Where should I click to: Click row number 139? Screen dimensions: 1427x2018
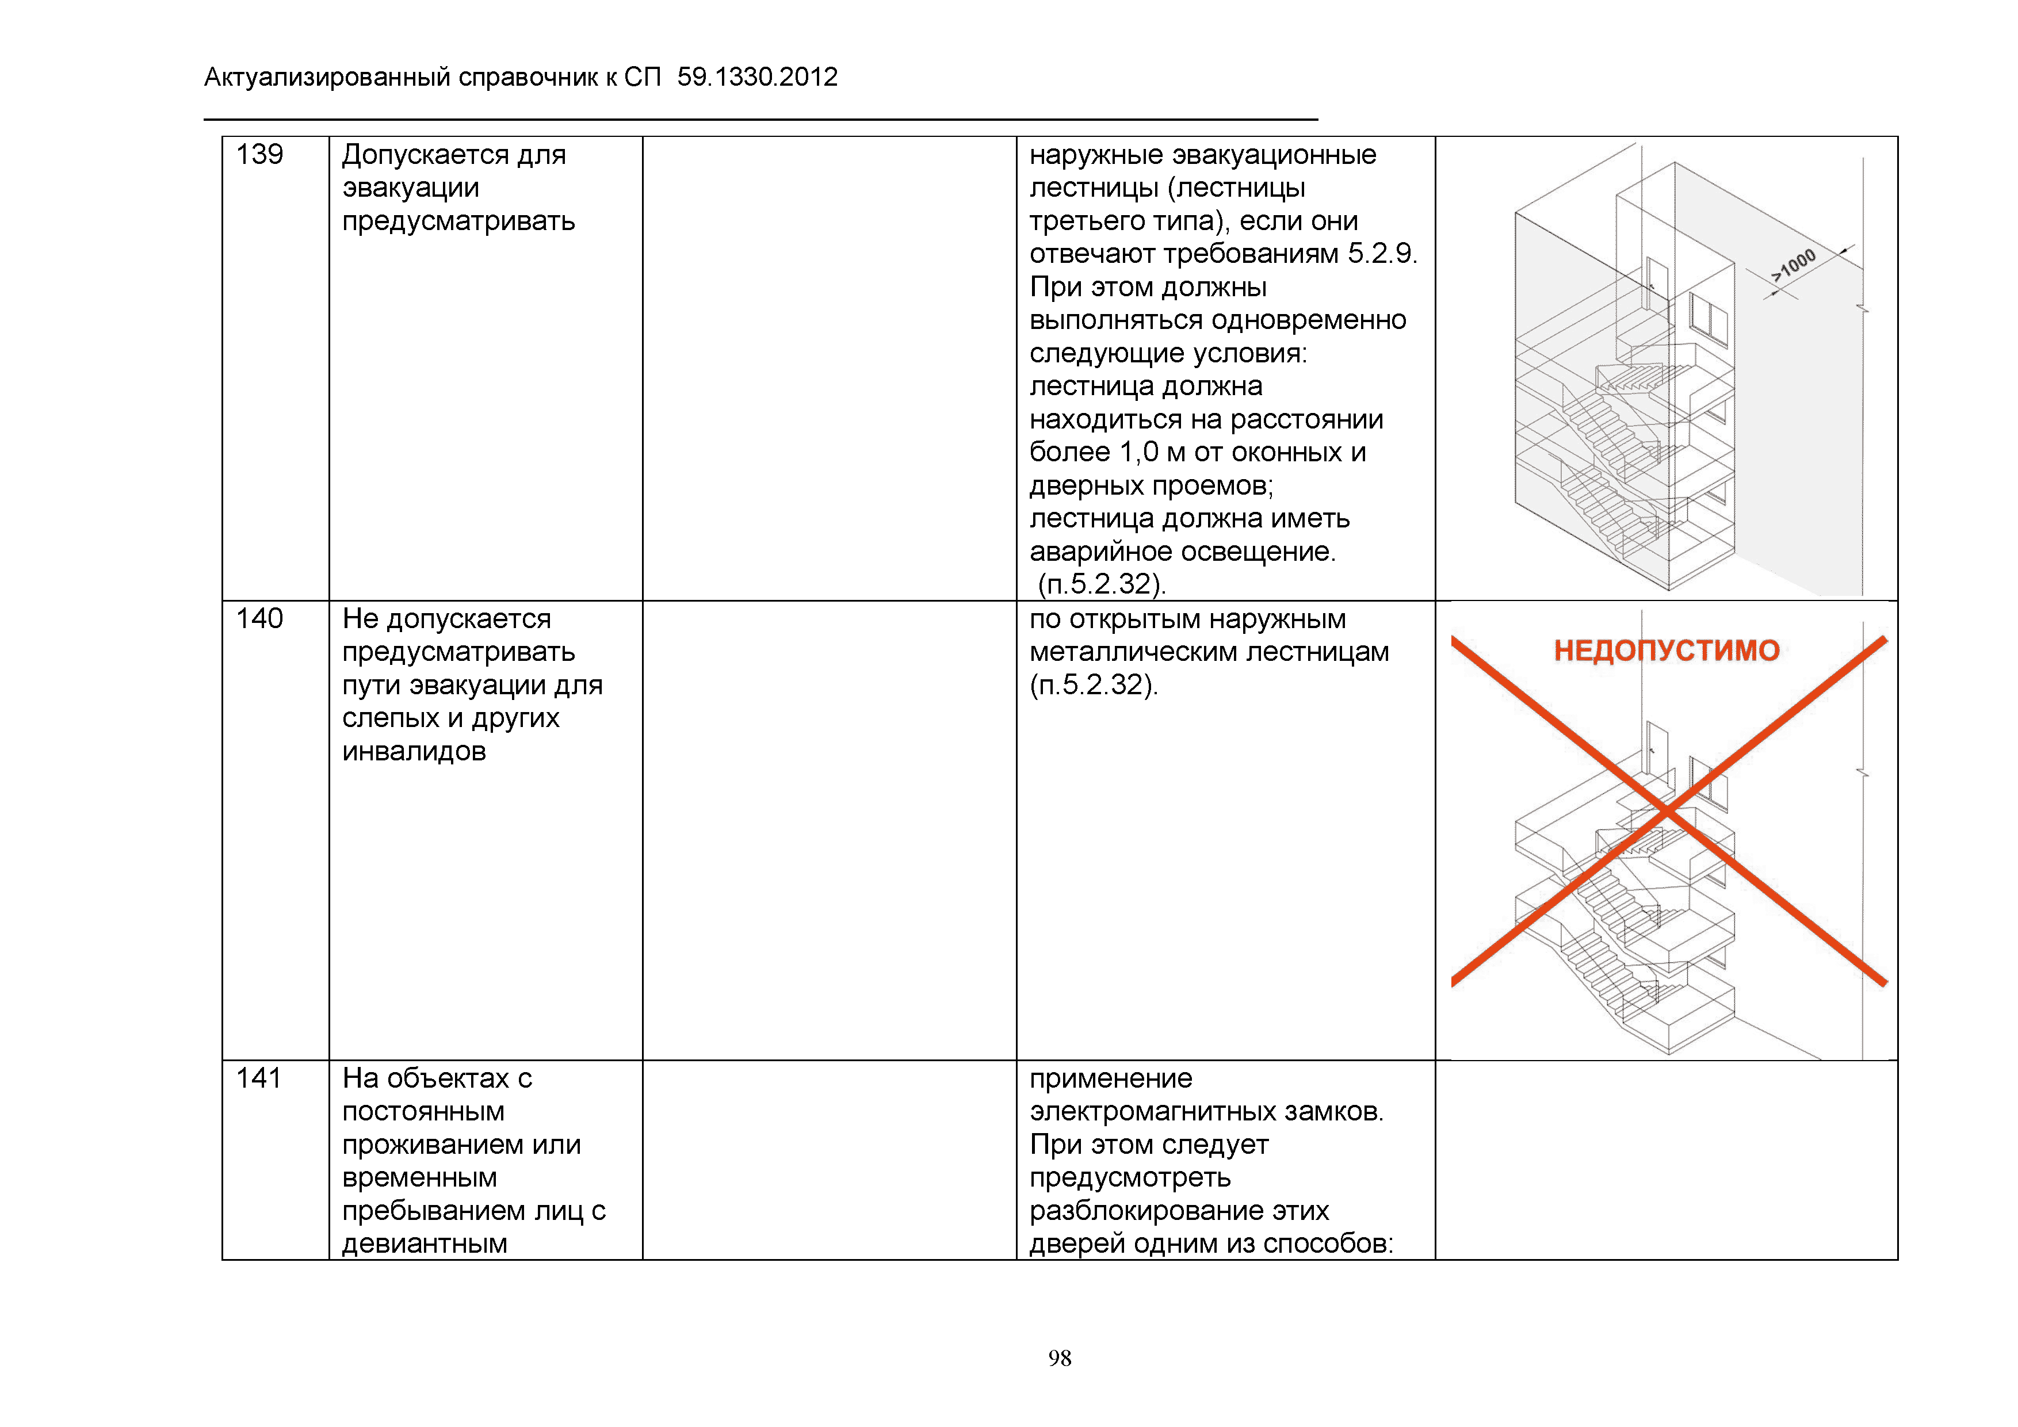[x=259, y=155]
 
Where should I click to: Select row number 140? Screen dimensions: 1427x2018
[x=259, y=619]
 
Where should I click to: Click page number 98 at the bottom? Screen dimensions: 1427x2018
[x=1059, y=1359]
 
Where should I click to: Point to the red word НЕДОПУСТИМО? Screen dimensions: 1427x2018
[x=1667, y=651]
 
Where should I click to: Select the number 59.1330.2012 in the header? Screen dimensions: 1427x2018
[x=757, y=77]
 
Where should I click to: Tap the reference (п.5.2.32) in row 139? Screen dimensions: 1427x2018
[x=1101, y=584]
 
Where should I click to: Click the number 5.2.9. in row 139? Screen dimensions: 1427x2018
[x=1382, y=254]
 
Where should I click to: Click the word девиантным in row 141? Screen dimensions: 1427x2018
[x=425, y=1244]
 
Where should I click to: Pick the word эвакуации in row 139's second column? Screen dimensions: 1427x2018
[x=411, y=188]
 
